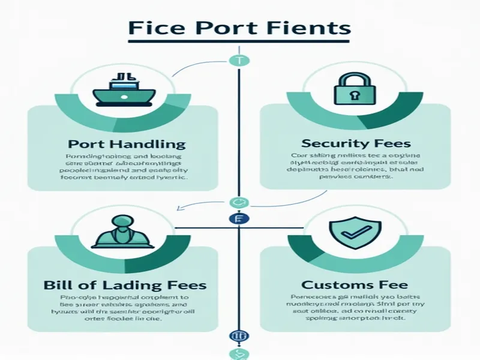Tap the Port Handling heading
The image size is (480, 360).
click(x=127, y=145)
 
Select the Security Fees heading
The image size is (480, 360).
click(x=356, y=144)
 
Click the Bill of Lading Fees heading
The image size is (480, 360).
click(x=125, y=284)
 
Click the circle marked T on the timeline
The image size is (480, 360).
click(x=238, y=60)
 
